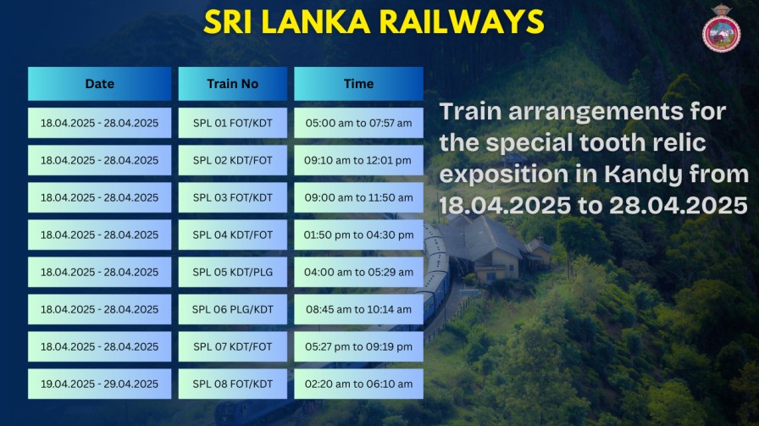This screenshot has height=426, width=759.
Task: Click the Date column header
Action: [x=100, y=84]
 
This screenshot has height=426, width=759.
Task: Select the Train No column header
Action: [x=233, y=84]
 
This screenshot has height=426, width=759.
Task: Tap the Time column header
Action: [x=358, y=84]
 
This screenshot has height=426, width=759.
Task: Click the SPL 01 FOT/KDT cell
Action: [x=233, y=123]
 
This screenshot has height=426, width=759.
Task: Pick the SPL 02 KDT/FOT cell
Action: [x=233, y=160]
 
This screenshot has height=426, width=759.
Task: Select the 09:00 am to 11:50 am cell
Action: [x=358, y=197]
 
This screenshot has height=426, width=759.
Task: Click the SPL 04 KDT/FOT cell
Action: [x=233, y=235]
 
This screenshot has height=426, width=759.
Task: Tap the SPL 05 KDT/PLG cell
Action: [x=233, y=272]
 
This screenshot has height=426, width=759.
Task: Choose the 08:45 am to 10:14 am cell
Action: [x=358, y=309]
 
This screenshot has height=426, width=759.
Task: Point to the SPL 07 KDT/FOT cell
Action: [x=233, y=346]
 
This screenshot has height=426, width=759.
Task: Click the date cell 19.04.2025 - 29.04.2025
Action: [x=100, y=384]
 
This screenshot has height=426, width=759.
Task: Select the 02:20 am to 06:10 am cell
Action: [x=358, y=384]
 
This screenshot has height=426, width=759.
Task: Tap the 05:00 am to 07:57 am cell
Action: [x=358, y=123]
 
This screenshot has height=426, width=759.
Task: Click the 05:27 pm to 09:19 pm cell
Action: [x=358, y=346]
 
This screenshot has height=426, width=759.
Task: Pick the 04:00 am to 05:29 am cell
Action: [x=358, y=272]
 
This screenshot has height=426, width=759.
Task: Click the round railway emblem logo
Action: [x=721, y=30]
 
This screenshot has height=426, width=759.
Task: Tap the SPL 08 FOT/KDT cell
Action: [x=233, y=384]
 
